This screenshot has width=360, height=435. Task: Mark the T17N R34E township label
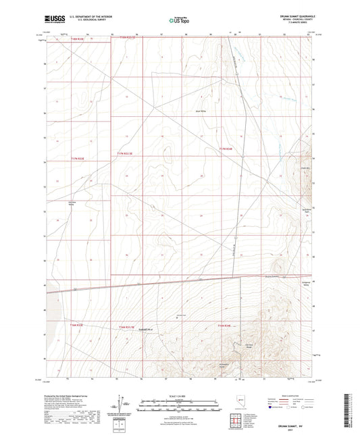[226, 149]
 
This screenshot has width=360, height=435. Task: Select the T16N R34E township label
[225, 326]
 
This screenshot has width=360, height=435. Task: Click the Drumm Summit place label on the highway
[271, 275]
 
